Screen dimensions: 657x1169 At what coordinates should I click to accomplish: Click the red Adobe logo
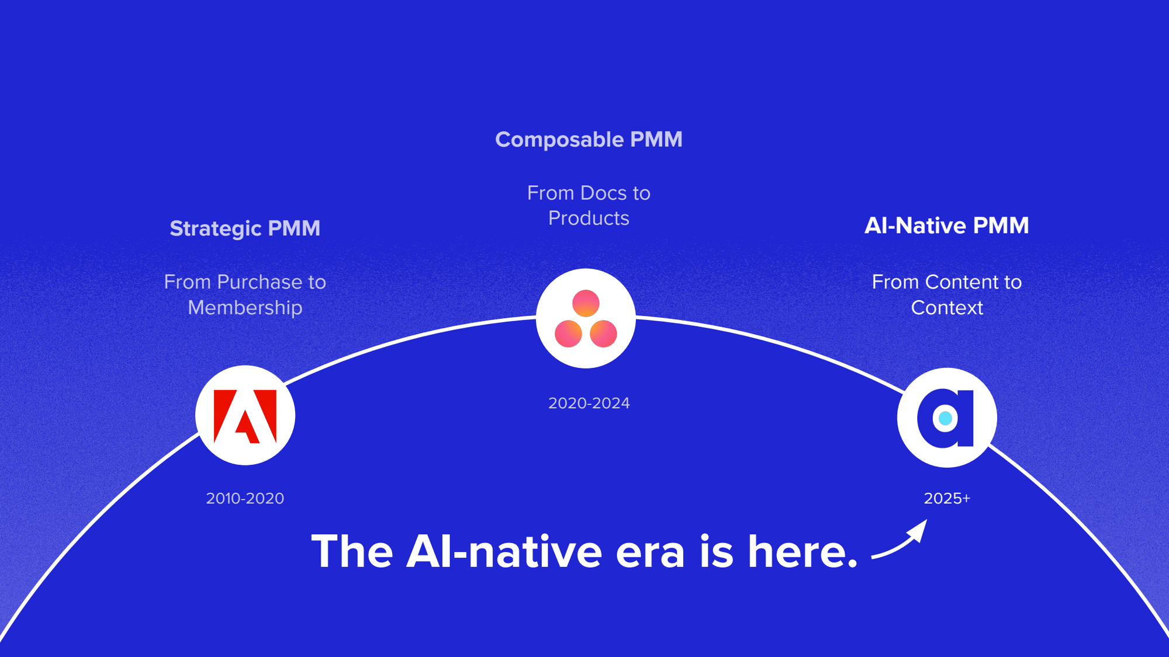(x=245, y=416)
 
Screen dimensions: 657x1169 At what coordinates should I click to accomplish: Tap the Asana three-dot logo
(x=586, y=319)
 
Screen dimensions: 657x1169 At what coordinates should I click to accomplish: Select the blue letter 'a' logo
(x=946, y=418)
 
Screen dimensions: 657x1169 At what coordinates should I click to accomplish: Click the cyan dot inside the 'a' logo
(x=945, y=418)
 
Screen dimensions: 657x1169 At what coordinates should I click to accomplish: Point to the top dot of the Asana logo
(x=586, y=303)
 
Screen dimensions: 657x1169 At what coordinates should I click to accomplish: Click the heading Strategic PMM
(x=245, y=228)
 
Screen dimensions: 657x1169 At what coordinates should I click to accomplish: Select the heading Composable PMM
(x=589, y=140)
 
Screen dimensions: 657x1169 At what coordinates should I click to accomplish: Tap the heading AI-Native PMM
(x=946, y=225)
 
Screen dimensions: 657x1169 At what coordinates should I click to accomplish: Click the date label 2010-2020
(x=245, y=498)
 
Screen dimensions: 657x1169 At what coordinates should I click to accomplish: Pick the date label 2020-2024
(x=589, y=403)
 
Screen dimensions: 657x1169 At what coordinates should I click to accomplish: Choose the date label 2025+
(x=946, y=498)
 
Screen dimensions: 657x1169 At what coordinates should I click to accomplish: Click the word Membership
(x=245, y=308)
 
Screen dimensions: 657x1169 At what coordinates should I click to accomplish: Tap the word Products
(x=589, y=218)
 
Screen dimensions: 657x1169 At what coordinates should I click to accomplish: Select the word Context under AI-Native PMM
(x=947, y=308)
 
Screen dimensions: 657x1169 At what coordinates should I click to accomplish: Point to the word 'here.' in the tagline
(x=803, y=551)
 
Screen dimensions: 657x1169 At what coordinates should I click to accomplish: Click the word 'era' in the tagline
(x=650, y=552)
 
